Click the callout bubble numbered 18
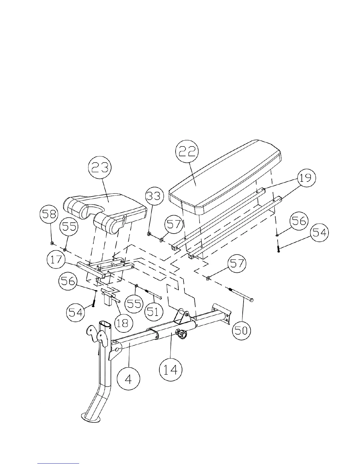(123, 323)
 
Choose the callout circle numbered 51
(153, 311)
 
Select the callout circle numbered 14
(171, 369)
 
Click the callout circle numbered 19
(306, 178)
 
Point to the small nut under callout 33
(149, 234)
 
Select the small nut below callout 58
(52, 243)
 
